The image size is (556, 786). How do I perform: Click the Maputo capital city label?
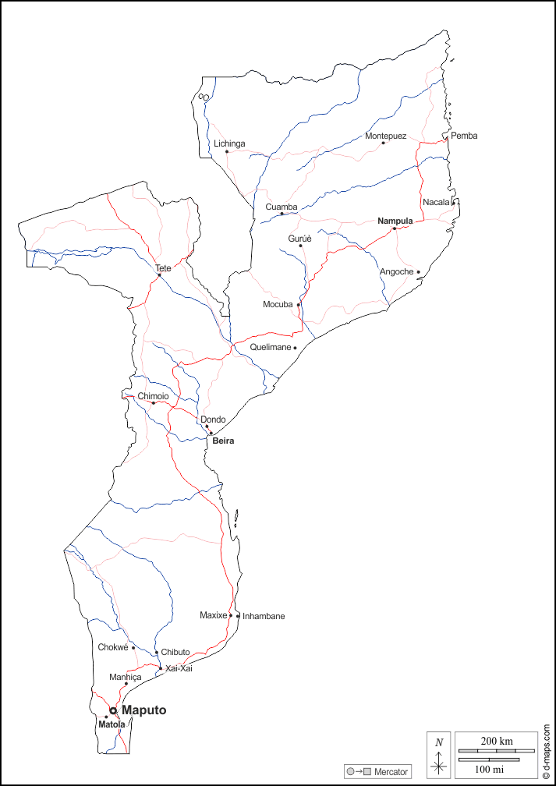click(143, 710)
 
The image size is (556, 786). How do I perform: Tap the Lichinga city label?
click(229, 143)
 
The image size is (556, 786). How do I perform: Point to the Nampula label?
click(395, 221)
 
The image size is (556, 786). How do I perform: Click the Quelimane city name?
click(270, 347)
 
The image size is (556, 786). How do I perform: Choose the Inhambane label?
click(264, 616)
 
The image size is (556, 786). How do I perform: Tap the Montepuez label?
click(385, 136)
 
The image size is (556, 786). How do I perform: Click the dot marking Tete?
click(159, 274)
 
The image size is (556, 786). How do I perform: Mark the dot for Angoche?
click(418, 272)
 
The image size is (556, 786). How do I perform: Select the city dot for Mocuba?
click(299, 305)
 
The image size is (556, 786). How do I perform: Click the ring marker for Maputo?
click(113, 710)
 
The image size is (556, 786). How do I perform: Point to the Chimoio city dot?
click(154, 403)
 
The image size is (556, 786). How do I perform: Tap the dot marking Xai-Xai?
click(161, 668)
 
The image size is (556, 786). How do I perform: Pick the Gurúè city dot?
click(300, 246)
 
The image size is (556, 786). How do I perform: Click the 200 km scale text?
click(496, 740)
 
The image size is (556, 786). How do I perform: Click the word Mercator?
click(391, 772)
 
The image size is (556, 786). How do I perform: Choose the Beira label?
click(223, 441)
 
